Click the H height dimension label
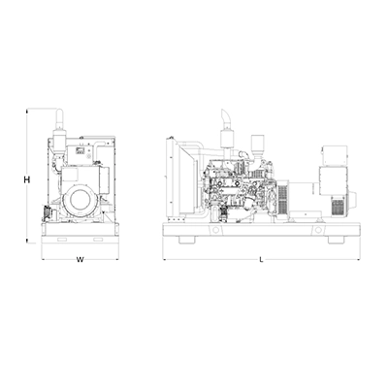click(27, 179)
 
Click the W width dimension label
click(80, 259)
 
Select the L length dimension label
click(262, 259)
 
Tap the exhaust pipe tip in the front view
click(60, 112)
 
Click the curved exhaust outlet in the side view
click(224, 114)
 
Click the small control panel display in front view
click(80, 150)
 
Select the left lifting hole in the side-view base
click(213, 229)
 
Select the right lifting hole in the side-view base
click(319, 230)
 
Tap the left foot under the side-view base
click(186, 240)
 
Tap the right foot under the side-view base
click(336, 240)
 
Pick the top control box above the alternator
click(334, 155)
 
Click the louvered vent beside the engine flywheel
click(283, 199)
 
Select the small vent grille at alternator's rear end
click(338, 207)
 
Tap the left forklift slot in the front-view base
click(62, 240)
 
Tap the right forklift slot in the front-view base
click(98, 240)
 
